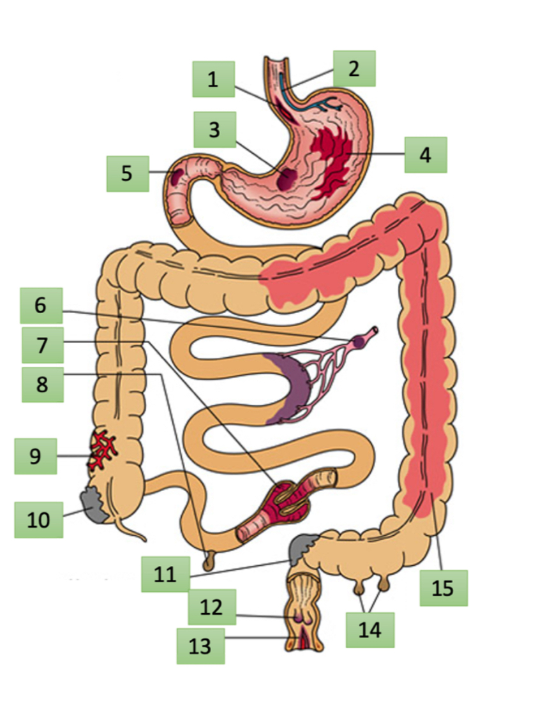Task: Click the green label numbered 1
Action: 213,79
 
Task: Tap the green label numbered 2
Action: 354,68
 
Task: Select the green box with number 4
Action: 425,154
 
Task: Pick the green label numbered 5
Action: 128,173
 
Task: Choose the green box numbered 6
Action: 41,305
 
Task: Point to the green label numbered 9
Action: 36,456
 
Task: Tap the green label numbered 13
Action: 200,646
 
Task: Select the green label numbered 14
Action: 370,630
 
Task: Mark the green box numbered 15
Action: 443,587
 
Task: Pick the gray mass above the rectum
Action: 301,548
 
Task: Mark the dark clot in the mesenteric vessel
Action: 360,342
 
